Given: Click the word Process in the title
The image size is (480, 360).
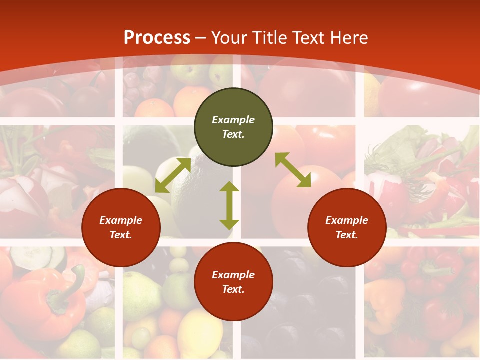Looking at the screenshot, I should point(157,37).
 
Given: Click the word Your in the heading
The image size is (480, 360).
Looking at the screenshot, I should point(230,37).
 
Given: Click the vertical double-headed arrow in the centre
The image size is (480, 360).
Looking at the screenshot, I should point(229,205).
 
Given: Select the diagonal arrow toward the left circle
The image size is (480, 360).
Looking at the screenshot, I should point(173,175).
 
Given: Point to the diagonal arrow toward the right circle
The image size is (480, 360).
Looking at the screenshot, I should point(293,170).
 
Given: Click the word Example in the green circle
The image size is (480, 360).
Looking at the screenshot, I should point(233,120).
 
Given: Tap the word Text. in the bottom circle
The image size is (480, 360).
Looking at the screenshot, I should point(233,289).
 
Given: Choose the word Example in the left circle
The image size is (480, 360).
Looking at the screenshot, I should point(121,220).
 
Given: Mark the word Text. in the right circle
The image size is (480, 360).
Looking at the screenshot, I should point(347,235).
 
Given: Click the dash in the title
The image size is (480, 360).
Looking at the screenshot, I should point(201,37).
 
